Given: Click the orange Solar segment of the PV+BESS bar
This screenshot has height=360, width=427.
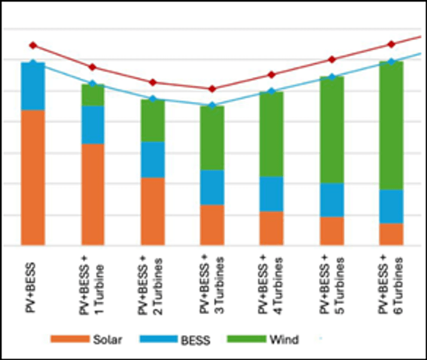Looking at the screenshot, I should coord(33,177).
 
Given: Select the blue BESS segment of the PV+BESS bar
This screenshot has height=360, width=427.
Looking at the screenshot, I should coord(33,86).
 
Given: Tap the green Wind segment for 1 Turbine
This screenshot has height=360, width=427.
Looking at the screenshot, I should coord(93,95).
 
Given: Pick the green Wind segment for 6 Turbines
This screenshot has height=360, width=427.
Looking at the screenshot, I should coord(391,126).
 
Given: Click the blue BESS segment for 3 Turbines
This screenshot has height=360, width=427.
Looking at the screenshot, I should coord(212,187).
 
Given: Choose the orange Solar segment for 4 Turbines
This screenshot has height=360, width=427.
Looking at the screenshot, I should coord(271,228).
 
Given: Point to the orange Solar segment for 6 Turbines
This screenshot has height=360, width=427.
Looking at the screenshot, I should coord(391,234).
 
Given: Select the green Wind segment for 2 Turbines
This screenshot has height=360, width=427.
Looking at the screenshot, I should coord(152,121).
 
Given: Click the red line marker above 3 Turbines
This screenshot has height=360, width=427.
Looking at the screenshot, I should coord(212,89).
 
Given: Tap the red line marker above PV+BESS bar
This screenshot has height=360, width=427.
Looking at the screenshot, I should coord(33,45).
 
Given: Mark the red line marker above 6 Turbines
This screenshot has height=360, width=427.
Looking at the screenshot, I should coord(391,44).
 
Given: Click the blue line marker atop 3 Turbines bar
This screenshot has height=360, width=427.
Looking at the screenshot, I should coord(212,105).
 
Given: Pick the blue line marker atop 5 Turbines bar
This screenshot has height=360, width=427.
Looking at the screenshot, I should coord(332,77).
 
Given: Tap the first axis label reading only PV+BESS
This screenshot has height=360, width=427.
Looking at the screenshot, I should coord(33,283).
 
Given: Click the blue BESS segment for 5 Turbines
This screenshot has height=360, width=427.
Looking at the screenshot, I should coord(332,200).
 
